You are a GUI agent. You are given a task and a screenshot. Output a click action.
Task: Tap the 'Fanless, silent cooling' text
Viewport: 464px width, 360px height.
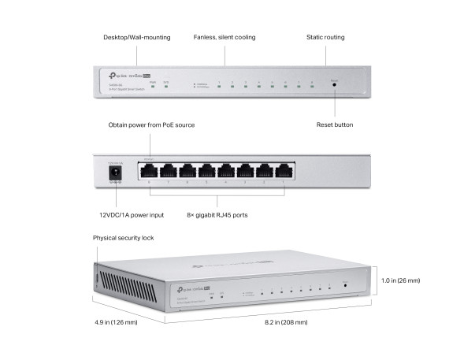pyautogui.click(x=225, y=37)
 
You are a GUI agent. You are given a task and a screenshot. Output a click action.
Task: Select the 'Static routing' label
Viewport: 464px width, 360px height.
pyautogui.click(x=325, y=37)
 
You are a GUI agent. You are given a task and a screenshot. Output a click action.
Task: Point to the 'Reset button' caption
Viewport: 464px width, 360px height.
pyautogui.click(x=334, y=124)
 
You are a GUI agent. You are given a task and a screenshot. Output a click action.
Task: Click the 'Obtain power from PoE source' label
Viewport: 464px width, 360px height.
pyautogui.click(x=151, y=124)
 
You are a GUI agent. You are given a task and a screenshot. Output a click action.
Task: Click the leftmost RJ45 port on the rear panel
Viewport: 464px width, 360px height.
pyautogui.click(x=149, y=171)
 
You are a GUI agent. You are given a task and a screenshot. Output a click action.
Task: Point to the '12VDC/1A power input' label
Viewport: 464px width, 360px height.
pyautogui.click(x=132, y=214)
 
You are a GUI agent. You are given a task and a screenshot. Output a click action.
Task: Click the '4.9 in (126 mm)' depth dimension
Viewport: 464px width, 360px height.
pyautogui.click(x=113, y=322)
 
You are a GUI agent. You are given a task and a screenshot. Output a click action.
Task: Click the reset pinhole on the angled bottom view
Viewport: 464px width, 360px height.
pyautogui.click(x=344, y=284)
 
